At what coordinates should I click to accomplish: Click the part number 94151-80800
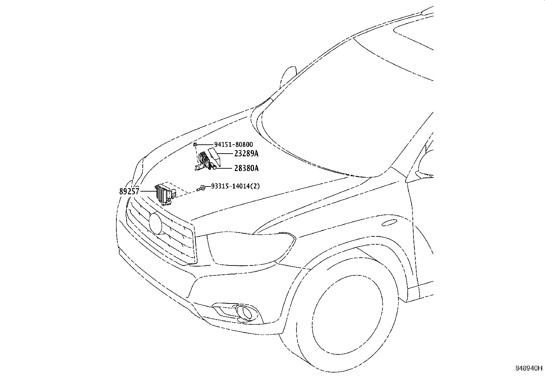[233, 145]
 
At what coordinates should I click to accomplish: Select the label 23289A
[246, 154]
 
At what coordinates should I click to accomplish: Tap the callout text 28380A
[246, 168]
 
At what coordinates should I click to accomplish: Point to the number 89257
[129, 192]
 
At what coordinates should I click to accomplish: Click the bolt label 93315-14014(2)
[235, 186]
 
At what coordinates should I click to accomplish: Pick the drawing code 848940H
[529, 368]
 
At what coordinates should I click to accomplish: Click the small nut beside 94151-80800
[194, 145]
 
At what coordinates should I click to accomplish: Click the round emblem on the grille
[156, 223]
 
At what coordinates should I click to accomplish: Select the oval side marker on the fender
[389, 223]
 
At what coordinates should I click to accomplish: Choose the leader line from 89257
[147, 191]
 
